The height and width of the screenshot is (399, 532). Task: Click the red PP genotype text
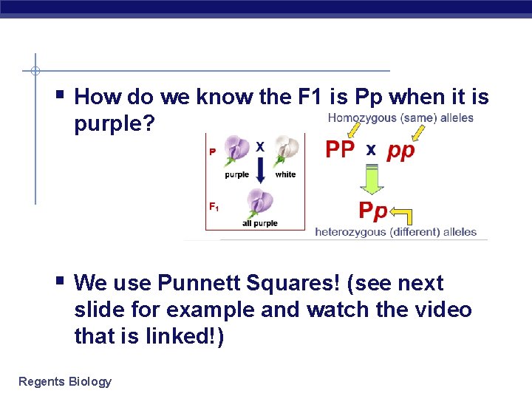[x=340, y=150]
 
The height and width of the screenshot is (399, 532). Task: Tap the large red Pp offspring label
[x=373, y=211]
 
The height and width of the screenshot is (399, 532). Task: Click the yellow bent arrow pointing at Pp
[x=403, y=214]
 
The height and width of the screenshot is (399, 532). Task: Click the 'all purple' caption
[x=259, y=223]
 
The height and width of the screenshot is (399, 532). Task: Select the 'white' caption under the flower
[x=285, y=174]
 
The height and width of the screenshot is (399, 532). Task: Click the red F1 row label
[x=214, y=208]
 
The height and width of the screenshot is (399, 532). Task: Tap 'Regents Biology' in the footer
[x=64, y=381]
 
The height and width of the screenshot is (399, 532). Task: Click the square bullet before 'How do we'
[x=59, y=95]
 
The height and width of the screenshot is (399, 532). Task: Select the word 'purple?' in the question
[x=115, y=123]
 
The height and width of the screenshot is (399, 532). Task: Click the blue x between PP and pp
[x=371, y=151]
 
